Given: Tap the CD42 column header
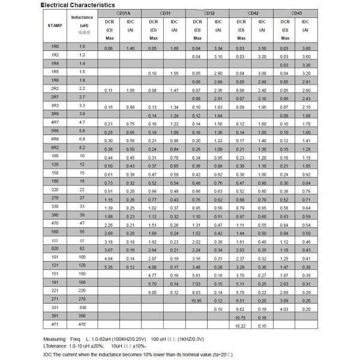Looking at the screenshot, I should (x=253, y=12).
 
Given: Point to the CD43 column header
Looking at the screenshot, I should (x=296, y=12).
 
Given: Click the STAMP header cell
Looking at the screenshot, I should (x=55, y=25).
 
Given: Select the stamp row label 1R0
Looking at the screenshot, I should (x=55, y=46).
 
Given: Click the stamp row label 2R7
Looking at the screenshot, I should (x=55, y=97).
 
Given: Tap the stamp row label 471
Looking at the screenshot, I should (x=55, y=324).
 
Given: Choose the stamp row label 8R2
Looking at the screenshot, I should (x=55, y=147).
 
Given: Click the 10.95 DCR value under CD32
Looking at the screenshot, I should (x=196, y=299).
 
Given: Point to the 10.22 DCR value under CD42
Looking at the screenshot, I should (x=241, y=325).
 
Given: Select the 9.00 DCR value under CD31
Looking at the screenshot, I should (x=152, y=291).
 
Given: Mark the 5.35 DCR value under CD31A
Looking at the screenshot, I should (x=109, y=266).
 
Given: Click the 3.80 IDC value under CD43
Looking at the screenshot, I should (x=306, y=47).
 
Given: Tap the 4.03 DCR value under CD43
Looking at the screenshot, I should (x=284, y=308).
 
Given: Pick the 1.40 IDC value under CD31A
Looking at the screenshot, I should (x=130, y=47).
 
